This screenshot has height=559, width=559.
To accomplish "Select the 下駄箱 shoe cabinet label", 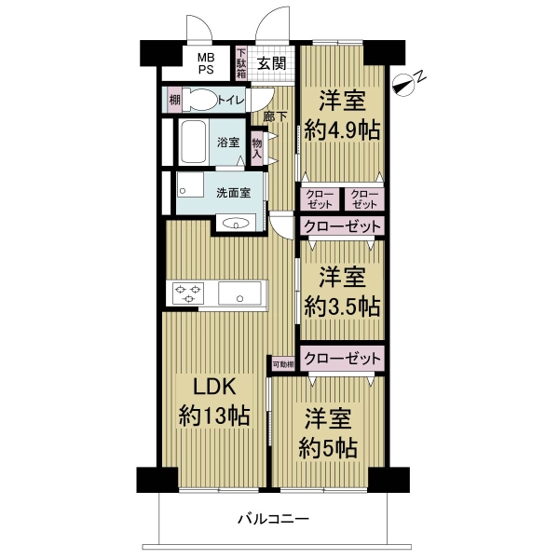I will pyautogui.click(x=240, y=63).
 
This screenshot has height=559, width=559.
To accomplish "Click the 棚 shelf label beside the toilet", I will pyautogui.click(x=174, y=100).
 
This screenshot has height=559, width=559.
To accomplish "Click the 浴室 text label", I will pyautogui.click(x=229, y=143).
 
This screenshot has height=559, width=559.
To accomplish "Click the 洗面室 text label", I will pyautogui.click(x=233, y=193).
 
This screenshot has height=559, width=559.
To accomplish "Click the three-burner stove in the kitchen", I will pyautogui.click(x=185, y=294).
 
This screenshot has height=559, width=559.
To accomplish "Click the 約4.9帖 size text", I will pyautogui.click(x=342, y=130).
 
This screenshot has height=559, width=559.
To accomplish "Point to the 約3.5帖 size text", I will pyautogui.click(x=342, y=305).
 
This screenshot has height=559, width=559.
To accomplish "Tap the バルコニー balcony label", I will pyautogui.click(x=272, y=518).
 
